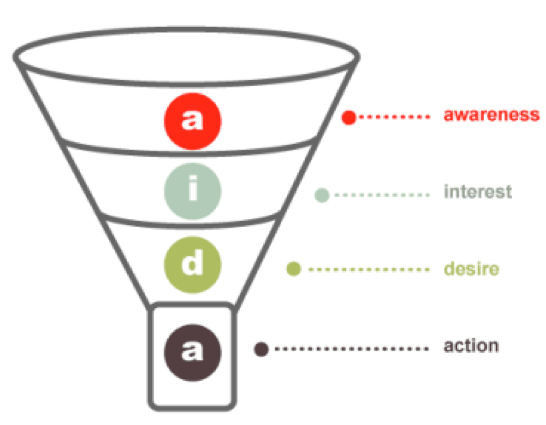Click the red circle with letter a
coord(193,121)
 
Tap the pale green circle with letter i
coord(193,191)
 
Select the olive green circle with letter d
coord(193,265)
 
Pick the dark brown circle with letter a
coord(193,353)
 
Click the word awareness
coord(491,115)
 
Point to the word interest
coord(478,191)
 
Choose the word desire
coord(471,269)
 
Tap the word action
coord(471,346)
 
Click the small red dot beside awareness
coord(349,117)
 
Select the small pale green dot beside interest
coord(322,195)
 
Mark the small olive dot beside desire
coord(294,269)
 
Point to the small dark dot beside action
coord(261,349)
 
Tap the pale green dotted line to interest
coord(382,195)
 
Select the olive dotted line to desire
coord(369,269)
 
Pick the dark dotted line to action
coord(352,349)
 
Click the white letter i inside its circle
coord(193,188)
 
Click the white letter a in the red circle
coord(193,119)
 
